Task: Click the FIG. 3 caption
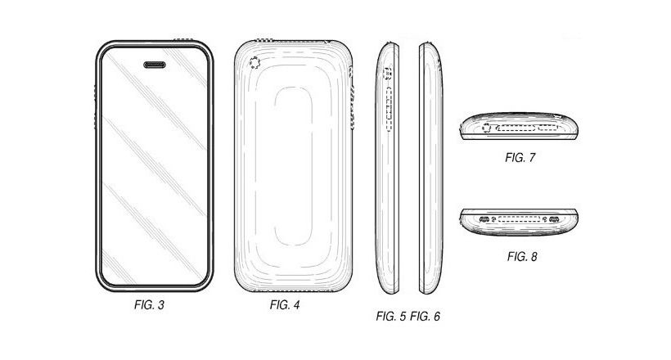point(149,305)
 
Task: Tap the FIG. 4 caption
point(285,305)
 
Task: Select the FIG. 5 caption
point(390,317)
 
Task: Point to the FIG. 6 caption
point(425,317)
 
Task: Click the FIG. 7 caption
point(520,158)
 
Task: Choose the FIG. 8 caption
point(522,257)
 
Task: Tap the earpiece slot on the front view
point(155,65)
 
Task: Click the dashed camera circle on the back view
point(254,63)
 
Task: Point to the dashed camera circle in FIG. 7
point(487,128)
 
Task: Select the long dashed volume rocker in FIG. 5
point(389,109)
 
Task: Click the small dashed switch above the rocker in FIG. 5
point(389,73)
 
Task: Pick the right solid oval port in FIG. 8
point(554,219)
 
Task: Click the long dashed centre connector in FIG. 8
point(520,219)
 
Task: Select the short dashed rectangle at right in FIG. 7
point(548,128)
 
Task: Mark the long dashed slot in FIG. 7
point(516,128)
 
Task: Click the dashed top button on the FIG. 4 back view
point(264,41)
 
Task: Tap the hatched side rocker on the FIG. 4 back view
point(353,107)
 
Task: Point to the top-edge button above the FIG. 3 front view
point(182,40)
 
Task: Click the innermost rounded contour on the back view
point(275,166)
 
